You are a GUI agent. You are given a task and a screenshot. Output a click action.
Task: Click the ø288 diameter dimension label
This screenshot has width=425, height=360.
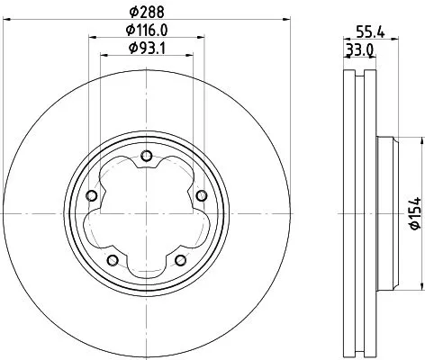point(147,11)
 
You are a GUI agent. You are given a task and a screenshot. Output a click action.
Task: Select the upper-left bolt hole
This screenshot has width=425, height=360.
point(91,196)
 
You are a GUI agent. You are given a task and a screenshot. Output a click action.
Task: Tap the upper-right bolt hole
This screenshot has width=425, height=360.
point(200,196)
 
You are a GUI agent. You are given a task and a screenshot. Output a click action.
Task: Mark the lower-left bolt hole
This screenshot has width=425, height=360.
point(112,260)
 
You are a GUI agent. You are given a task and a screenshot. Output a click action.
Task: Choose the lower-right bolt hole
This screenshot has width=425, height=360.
point(180,260)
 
